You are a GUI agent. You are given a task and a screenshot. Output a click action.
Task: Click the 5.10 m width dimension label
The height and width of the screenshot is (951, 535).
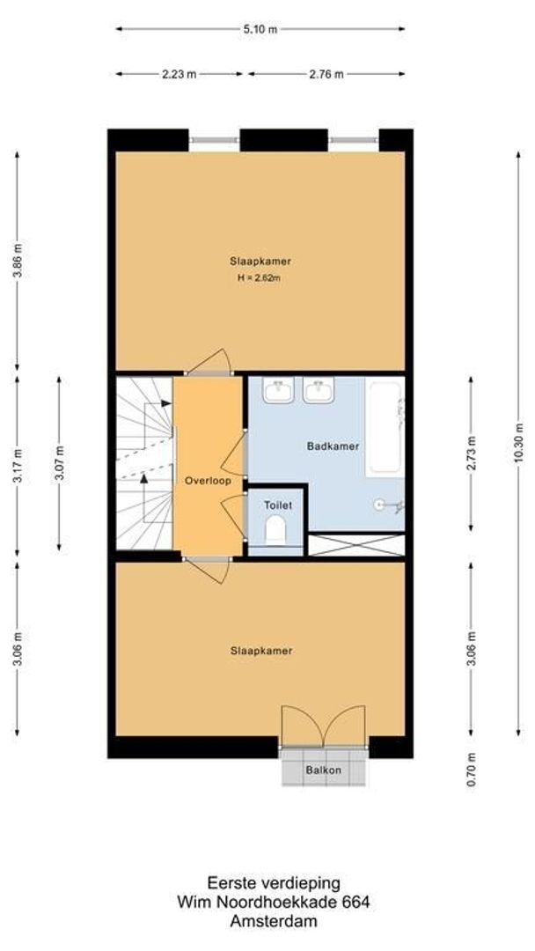260,29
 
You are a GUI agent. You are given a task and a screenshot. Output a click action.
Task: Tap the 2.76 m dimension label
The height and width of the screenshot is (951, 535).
326,74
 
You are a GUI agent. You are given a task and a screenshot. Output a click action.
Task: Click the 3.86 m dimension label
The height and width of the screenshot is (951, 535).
17,262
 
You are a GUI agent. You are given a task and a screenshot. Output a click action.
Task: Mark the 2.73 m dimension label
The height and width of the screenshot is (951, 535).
473,453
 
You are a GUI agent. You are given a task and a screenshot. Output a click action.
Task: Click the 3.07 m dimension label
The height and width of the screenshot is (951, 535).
59,463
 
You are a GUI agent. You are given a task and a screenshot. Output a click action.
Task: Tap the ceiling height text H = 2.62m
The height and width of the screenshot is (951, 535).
260,278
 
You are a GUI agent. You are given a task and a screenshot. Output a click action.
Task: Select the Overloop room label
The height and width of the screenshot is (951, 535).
208,482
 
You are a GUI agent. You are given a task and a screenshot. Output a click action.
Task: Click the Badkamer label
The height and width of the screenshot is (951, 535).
333,446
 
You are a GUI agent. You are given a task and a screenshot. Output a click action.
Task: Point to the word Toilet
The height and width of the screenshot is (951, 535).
277,505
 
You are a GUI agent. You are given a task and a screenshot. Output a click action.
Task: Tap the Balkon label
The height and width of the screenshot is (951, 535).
323,770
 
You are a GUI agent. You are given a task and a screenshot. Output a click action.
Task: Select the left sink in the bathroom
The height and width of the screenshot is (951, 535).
279,390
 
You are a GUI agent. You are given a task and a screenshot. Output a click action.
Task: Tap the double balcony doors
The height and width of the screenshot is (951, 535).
323,726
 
